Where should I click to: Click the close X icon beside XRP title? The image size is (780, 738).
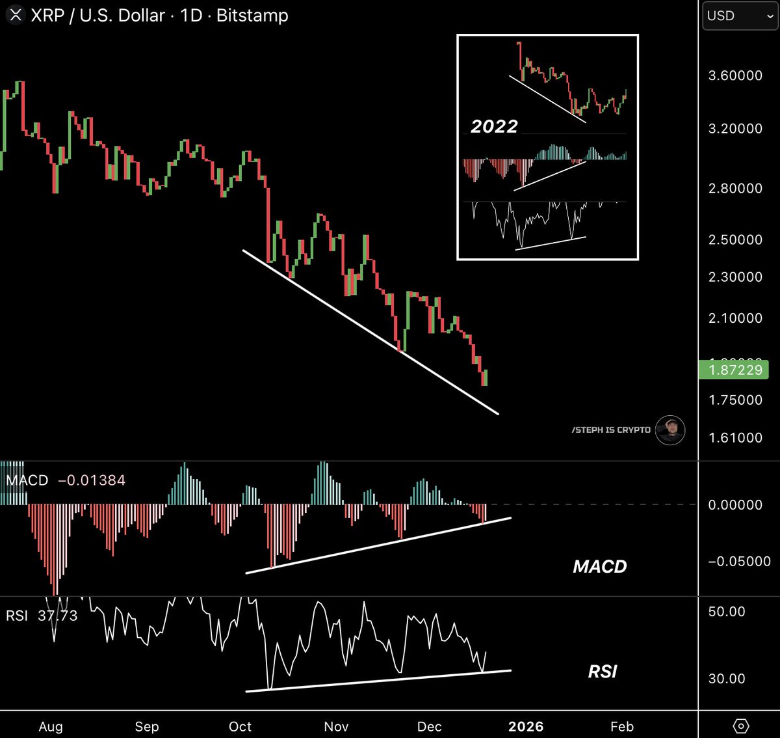click(x=16, y=15)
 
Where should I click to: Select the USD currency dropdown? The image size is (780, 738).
click(x=739, y=16)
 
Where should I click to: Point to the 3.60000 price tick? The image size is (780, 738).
click(x=734, y=75)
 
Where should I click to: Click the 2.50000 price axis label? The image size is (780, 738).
click(x=734, y=239)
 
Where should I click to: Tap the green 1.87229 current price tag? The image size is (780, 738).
click(x=734, y=370)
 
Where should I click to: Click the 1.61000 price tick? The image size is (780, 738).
click(x=734, y=437)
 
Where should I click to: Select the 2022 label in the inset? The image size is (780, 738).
click(x=494, y=126)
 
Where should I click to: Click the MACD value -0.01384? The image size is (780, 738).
click(x=92, y=480)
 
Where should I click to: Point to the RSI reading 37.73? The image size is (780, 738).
click(x=57, y=615)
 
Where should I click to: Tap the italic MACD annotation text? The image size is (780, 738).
click(x=599, y=566)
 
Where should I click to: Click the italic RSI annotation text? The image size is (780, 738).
click(x=602, y=671)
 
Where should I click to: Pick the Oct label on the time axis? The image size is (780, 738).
click(x=240, y=726)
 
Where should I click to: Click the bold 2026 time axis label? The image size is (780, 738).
click(x=525, y=726)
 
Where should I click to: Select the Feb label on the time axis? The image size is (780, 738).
click(x=621, y=726)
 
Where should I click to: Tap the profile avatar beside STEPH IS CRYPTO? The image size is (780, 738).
click(x=669, y=430)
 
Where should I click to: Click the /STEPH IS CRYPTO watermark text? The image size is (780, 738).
click(x=611, y=430)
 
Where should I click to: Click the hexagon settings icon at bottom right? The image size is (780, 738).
click(x=741, y=726)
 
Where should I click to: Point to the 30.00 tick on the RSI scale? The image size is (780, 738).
click(x=727, y=678)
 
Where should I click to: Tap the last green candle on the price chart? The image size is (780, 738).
click(x=486, y=377)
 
